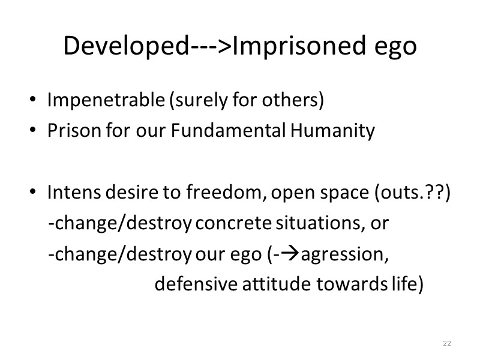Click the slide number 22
[446, 343]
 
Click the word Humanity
[333, 130]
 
